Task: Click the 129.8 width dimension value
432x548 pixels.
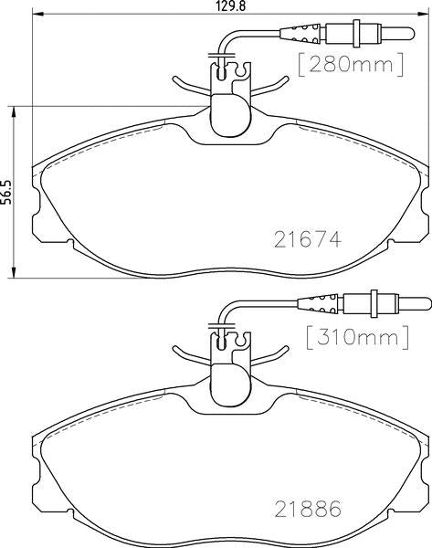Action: tap(230, 6)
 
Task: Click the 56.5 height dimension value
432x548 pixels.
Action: tap(6, 193)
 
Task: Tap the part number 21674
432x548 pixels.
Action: tap(308, 240)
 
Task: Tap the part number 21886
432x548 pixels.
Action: tap(308, 509)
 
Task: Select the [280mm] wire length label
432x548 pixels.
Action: tap(351, 65)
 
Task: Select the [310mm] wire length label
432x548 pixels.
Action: tap(357, 338)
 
